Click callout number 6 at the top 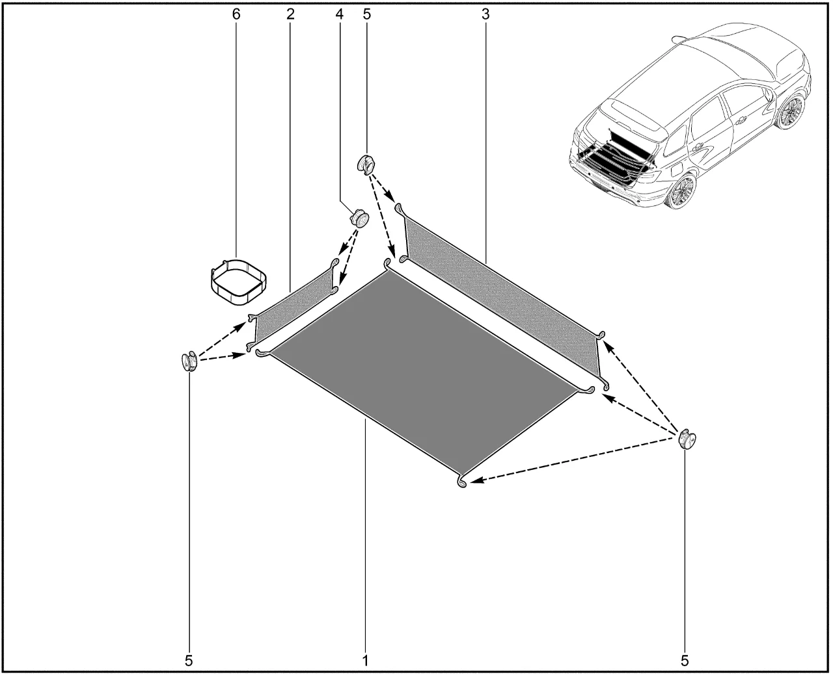[x=236, y=14]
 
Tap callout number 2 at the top [x=290, y=14]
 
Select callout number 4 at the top [x=339, y=14]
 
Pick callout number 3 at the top [x=485, y=14]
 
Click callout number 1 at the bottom [x=365, y=661]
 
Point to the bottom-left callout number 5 [x=189, y=661]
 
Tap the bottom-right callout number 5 [x=685, y=661]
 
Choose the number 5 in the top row [x=366, y=14]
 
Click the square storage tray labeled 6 [x=237, y=281]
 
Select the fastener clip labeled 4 [x=359, y=218]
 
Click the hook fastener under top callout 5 [x=366, y=164]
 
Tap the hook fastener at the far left [x=189, y=361]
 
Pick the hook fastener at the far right [x=687, y=439]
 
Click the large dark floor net [x=424, y=371]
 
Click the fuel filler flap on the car [x=676, y=168]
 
